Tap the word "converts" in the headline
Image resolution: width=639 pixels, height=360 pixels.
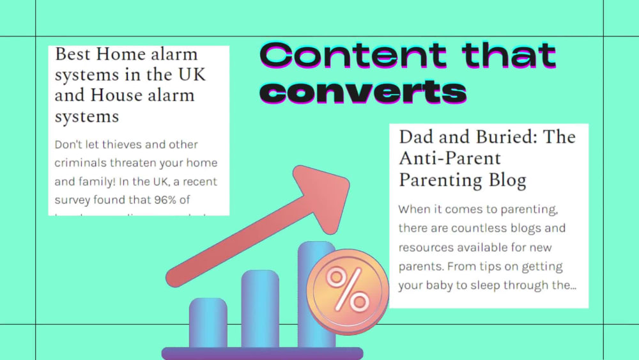point(363,91)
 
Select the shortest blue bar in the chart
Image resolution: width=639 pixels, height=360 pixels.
point(208,323)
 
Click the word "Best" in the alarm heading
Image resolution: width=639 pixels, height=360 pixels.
point(73,54)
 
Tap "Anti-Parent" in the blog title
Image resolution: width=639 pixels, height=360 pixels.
point(450,158)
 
